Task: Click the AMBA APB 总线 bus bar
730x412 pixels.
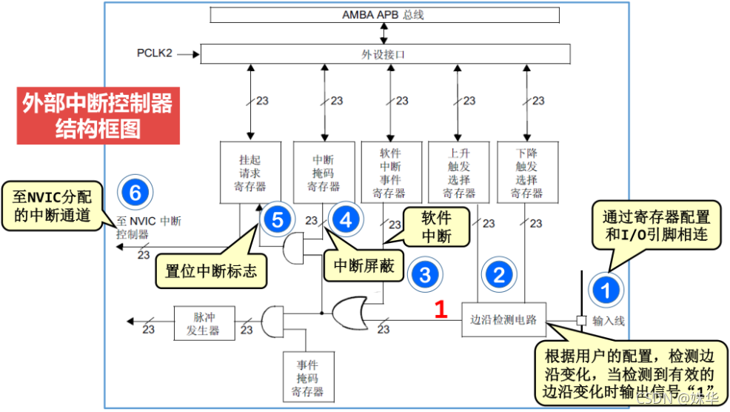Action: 383,15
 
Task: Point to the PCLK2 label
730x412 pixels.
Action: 155,53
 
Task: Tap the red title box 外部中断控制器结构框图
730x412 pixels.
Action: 98,116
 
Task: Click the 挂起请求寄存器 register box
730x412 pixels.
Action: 251,171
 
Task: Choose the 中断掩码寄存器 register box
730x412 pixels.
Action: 324,171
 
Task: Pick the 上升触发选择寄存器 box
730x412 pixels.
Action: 459,171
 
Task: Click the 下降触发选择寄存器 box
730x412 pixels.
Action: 526,171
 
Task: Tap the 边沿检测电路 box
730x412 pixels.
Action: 503,320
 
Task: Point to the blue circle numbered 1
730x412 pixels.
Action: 606,290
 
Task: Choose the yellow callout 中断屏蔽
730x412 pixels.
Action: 362,265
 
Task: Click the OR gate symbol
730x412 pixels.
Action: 350,313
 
